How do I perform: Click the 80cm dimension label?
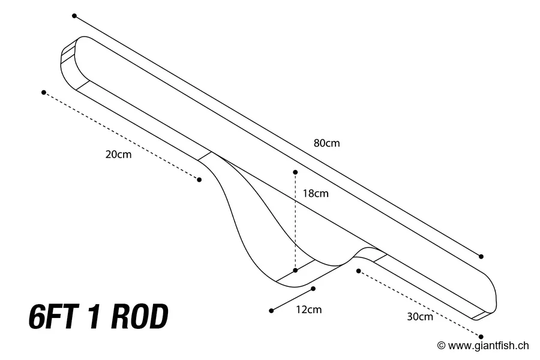coord(326,143)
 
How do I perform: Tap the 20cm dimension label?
coord(118,154)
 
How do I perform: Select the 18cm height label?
coord(316,193)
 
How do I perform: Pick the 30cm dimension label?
coord(419,317)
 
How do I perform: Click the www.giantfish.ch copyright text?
coord(483,345)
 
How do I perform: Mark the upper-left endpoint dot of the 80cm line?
coord(74,16)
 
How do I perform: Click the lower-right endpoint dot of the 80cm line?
coord(481,256)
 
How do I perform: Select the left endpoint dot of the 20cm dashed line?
coord(44,92)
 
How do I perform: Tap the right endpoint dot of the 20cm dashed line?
coord(199,179)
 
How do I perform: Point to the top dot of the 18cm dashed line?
coord(295,172)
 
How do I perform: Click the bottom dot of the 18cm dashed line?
coord(295,271)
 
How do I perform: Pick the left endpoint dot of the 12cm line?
coord(271,310)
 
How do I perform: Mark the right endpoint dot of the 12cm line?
coord(313,289)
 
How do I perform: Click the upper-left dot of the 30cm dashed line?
coord(358,271)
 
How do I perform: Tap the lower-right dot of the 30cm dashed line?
coord(481,337)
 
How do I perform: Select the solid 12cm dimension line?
coord(292,299)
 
